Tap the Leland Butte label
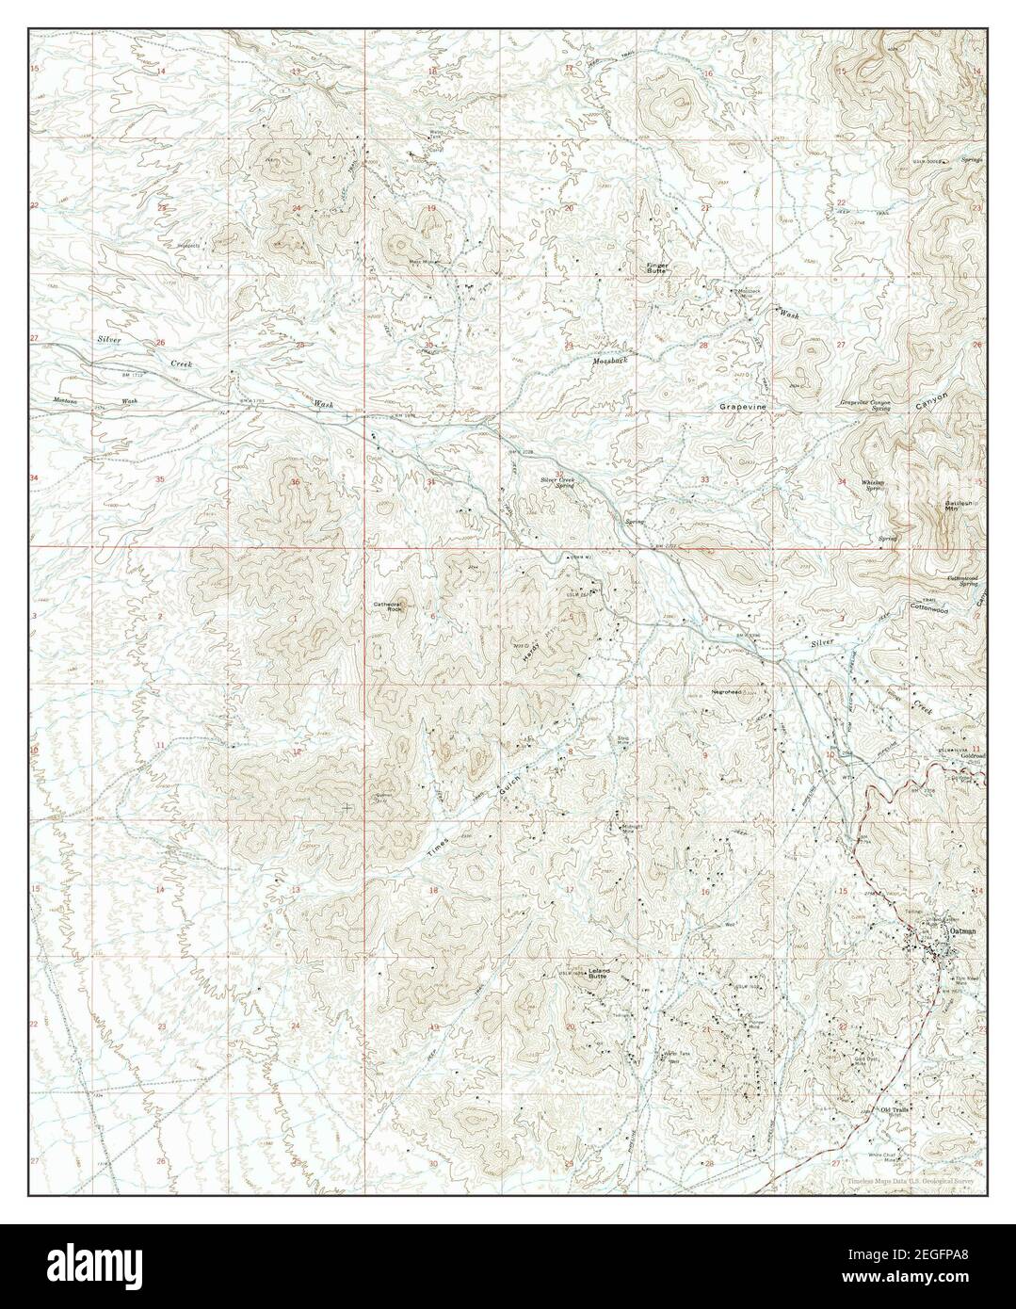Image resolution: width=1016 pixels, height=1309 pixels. point(600,974)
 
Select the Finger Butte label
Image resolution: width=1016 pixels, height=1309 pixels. point(656,267)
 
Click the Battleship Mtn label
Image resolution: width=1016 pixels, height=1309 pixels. point(959,506)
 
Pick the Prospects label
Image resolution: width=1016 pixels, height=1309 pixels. point(188,246)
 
